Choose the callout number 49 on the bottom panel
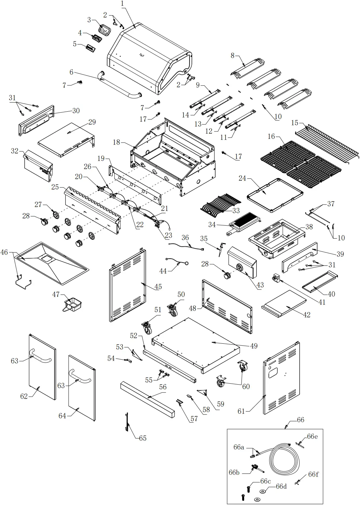[254, 346]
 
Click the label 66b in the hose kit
[234, 472]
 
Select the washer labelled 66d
[262, 491]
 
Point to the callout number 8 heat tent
[232, 55]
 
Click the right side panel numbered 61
[281, 380]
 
